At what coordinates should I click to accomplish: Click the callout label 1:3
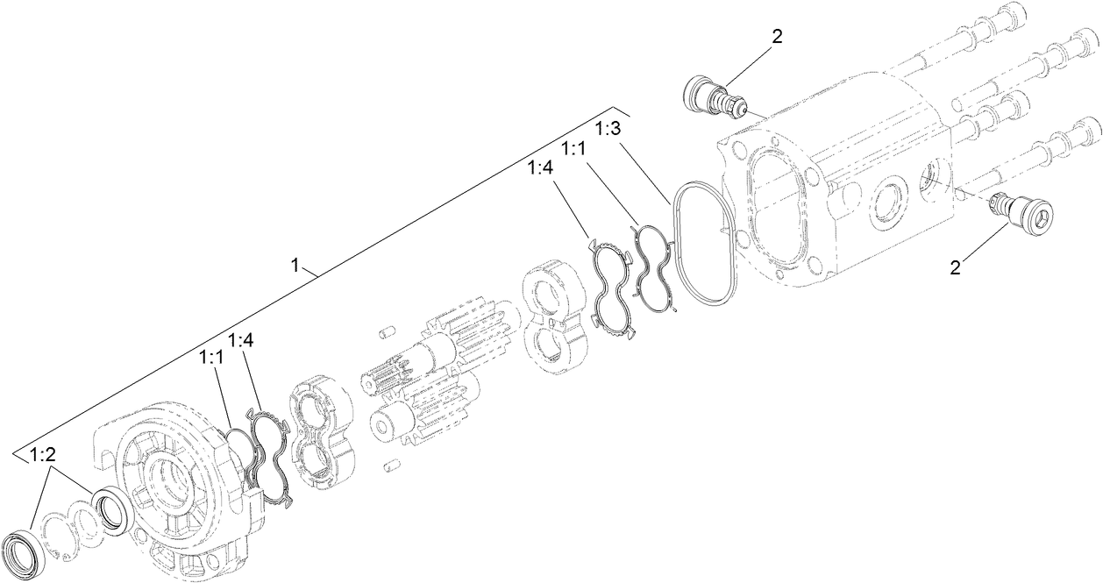click(x=608, y=129)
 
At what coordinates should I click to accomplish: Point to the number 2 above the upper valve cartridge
click(x=776, y=37)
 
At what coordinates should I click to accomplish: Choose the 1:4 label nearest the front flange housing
click(x=240, y=340)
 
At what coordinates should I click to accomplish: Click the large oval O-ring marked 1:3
click(x=702, y=241)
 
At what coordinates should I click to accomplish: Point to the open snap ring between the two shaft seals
click(x=58, y=531)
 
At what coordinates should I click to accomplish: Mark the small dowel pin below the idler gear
click(x=391, y=466)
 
